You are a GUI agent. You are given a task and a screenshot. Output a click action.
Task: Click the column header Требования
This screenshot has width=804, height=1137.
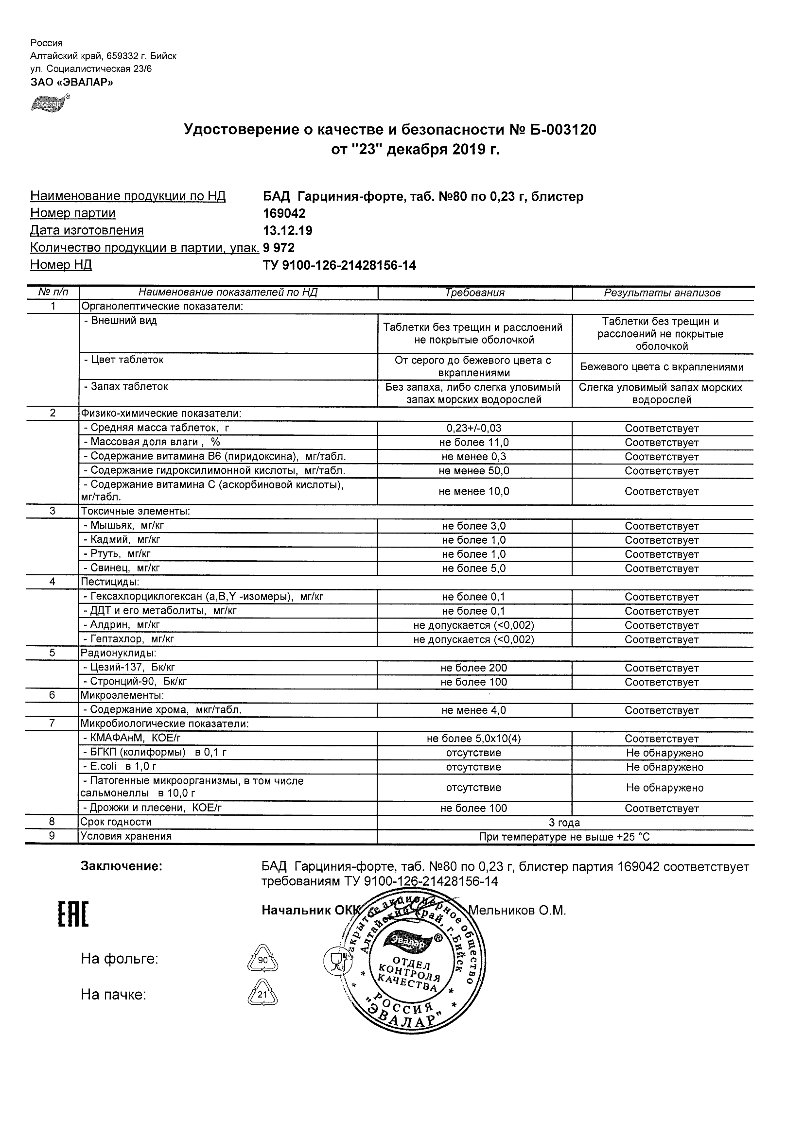(474, 293)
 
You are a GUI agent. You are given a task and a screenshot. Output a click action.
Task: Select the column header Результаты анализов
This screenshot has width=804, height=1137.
(662, 293)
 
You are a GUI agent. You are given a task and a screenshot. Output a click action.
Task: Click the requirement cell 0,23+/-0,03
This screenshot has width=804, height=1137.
(474, 429)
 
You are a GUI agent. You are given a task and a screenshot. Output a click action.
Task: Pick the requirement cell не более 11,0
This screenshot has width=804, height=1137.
(474, 443)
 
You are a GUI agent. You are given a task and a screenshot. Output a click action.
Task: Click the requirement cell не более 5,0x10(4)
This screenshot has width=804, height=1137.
(474, 739)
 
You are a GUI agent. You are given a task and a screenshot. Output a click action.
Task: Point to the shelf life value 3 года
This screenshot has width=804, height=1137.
(564, 823)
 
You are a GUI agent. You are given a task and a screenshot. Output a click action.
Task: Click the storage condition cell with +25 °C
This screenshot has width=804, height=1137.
(564, 837)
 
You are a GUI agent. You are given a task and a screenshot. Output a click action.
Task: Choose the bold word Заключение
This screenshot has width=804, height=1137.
(122, 866)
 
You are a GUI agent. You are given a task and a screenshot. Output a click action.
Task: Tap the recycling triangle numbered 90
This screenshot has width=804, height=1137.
(262, 960)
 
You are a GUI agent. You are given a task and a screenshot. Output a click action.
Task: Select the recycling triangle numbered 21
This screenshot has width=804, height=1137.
(262, 994)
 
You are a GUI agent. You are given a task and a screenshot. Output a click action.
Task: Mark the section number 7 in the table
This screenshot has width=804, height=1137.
(52, 724)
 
